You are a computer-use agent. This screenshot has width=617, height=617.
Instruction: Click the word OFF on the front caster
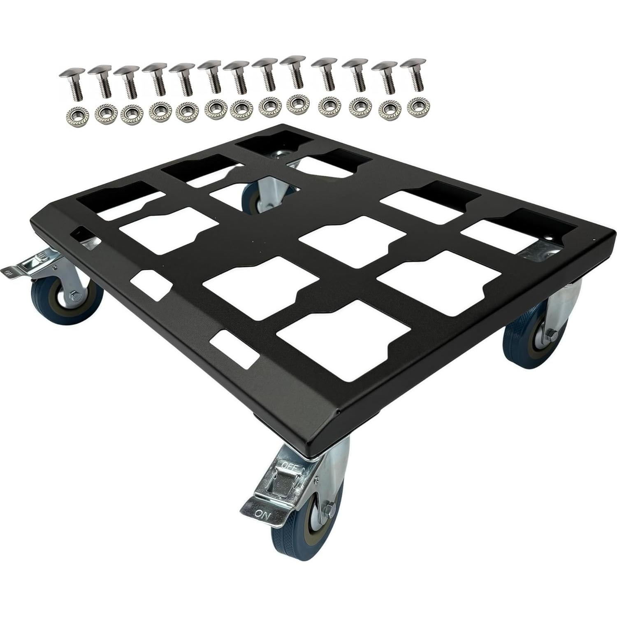(292, 465)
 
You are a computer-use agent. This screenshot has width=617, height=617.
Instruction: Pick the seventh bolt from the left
(238, 78)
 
